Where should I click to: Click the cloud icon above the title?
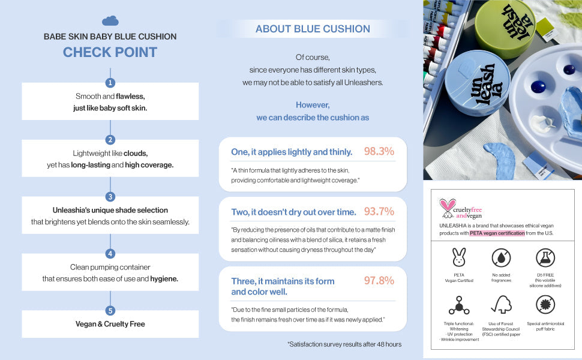[110, 21]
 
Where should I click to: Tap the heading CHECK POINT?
[110, 52]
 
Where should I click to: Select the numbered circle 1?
[110, 83]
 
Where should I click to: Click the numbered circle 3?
[110, 197]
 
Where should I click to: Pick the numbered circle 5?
[110, 311]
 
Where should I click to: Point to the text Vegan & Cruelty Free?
[110, 324]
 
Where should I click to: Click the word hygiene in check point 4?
[163, 278]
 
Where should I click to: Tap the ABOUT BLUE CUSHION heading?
[313, 29]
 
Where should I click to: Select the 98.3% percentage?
[379, 151]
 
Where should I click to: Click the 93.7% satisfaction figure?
[379, 211]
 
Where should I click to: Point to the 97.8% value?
[379, 280]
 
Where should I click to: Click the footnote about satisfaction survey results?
[344, 344]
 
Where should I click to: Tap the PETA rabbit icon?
[459, 256]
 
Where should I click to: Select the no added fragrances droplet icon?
[501, 257]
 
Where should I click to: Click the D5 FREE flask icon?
[545, 257]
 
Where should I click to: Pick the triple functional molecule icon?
[459, 305]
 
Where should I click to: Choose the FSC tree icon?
[501, 305]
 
